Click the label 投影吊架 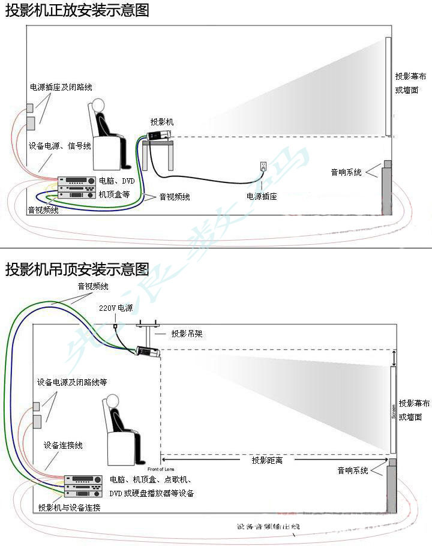point(187,334)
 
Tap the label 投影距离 point(268,460)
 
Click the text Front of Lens point(160,469)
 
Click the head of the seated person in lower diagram point(112,401)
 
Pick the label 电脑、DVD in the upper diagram point(116,181)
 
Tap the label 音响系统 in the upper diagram point(346,173)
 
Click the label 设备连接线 point(63,445)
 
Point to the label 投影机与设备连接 point(68,508)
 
